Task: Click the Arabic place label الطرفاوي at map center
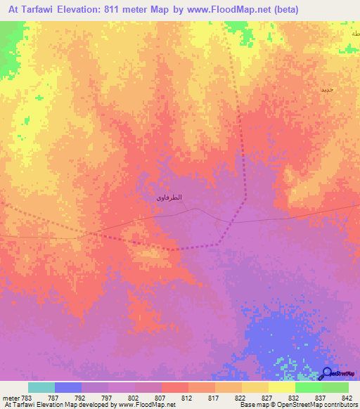[169, 197]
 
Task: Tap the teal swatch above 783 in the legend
[41, 387]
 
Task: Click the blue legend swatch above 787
[68, 387]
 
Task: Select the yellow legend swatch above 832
[281, 387]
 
